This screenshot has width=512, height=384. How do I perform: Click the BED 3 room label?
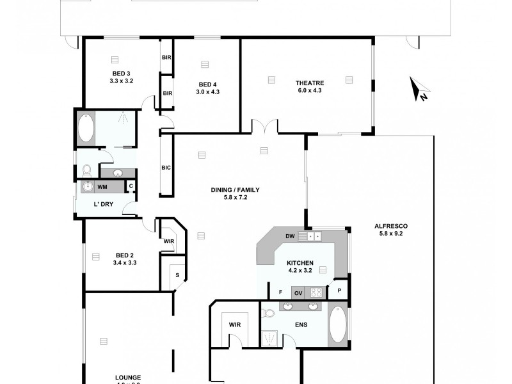[121, 74]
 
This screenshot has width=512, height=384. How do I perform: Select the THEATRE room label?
[310, 83]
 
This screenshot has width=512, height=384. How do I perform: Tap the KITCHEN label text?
[300, 263]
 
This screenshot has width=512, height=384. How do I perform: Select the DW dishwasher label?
[290, 236]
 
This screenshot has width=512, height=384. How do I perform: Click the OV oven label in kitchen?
[298, 292]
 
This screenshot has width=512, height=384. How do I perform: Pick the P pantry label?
[340, 290]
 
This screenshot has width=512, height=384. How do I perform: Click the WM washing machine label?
[102, 187]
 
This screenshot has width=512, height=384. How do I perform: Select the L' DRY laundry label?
[104, 204]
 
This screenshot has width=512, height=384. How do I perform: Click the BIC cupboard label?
[166, 168]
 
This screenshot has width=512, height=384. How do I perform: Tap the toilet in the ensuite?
[269, 313]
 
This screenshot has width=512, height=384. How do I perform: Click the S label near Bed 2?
[177, 275]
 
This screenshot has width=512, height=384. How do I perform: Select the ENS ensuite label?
[301, 325]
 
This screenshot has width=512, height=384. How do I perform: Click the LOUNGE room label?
[129, 378]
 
